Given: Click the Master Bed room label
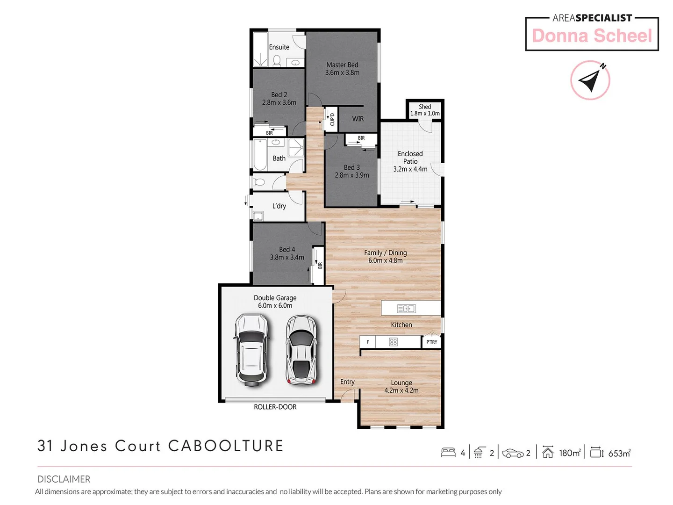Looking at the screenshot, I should coord(342,65).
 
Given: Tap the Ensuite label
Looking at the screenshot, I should coord(279,47).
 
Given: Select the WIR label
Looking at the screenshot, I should coord(358,119).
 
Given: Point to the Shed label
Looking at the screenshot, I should coord(425,107).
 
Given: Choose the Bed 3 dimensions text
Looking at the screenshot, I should coord(352,175).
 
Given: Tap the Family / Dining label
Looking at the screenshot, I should coord(385,253).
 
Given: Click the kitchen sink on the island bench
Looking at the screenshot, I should coord(406,309).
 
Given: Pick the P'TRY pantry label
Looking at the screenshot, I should coord(432,342).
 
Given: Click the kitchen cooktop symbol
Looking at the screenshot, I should coord(394,342).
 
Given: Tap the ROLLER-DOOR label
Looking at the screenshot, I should coord(275,407).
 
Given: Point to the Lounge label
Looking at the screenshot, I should coord(401,382).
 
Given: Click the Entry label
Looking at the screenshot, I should coord(347,382).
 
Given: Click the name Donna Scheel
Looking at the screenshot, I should coord(592,36).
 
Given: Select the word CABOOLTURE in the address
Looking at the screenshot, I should coord(226,446).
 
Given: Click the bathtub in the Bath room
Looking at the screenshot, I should coord(259,155).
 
